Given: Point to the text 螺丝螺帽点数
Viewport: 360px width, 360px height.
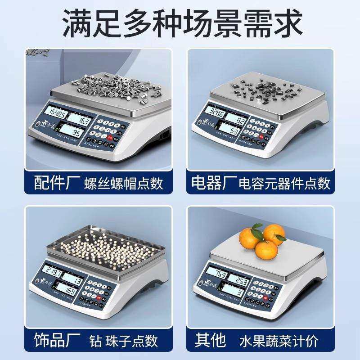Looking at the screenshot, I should click(x=123, y=184).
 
